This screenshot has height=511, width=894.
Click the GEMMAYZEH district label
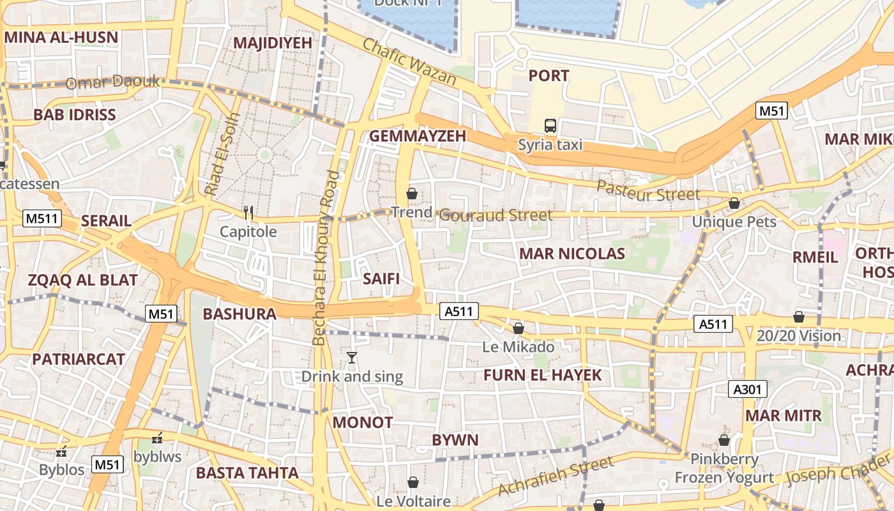(418, 136)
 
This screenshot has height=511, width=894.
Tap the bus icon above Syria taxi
(550, 126)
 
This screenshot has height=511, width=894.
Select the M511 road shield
(42, 218)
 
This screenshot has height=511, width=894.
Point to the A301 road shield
(748, 389)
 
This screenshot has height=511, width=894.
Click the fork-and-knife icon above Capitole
(248, 213)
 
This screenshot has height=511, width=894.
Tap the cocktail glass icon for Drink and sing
(351, 358)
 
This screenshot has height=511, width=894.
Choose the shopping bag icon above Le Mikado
(519, 328)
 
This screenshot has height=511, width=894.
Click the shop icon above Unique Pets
(734, 203)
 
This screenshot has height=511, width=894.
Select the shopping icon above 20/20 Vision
(798, 317)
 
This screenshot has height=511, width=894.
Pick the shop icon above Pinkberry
(724, 440)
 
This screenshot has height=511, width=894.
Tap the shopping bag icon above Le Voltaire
(413, 482)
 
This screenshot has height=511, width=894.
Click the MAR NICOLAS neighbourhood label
(572, 254)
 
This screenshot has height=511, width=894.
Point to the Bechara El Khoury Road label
(325, 259)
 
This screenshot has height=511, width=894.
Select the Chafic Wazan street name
(409, 62)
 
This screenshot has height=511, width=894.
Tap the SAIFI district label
(381, 278)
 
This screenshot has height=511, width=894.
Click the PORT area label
(549, 76)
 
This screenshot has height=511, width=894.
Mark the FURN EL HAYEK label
(542, 375)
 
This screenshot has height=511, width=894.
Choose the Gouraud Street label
(496, 215)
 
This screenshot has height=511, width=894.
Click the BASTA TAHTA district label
(247, 473)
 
